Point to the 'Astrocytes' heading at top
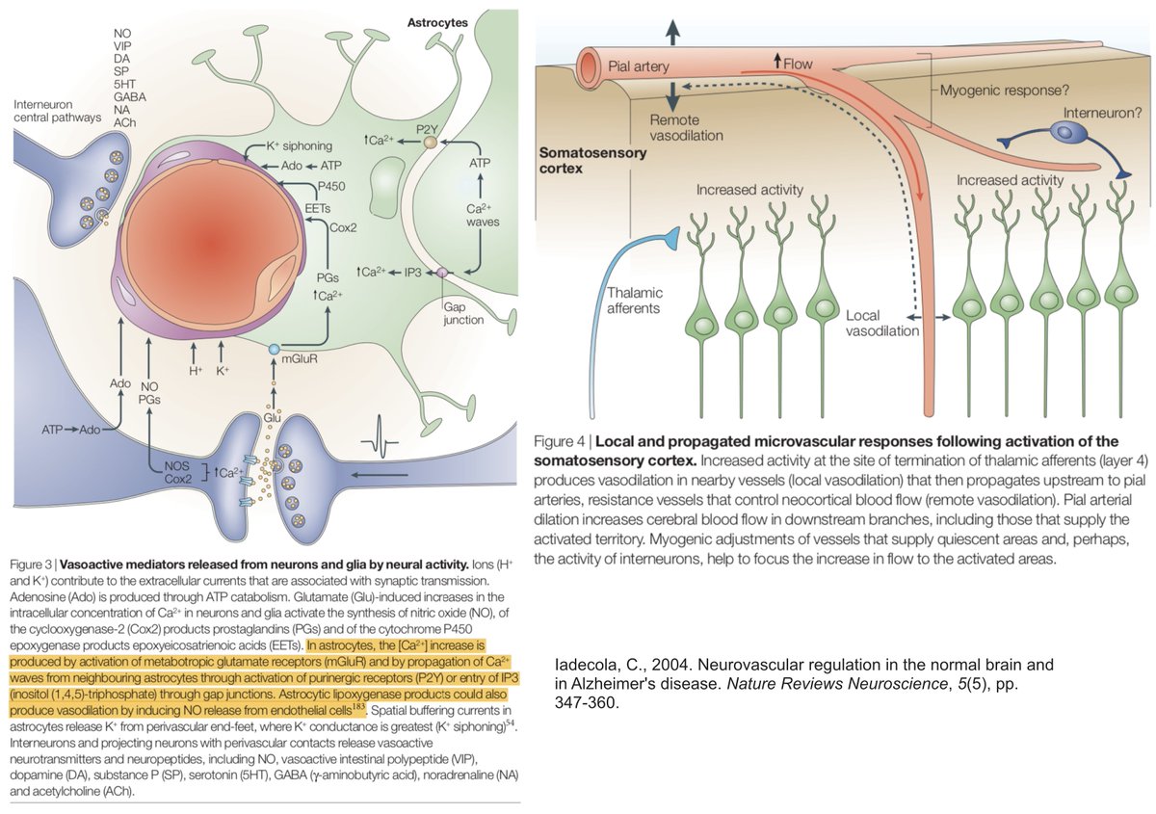tap(438, 20)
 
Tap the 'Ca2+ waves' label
tap(477, 214)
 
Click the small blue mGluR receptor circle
tap(274, 349)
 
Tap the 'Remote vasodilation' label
tap(686, 127)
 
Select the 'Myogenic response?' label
tap(1002, 90)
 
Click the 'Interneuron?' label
tap(1103, 113)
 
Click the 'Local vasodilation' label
tap(881, 323)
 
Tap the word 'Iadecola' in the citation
tap(589, 665)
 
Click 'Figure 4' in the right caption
tap(563, 441)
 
